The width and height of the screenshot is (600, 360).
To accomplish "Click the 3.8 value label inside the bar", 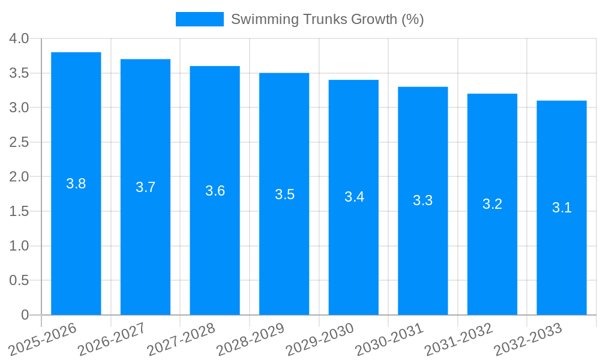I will pos(76,184).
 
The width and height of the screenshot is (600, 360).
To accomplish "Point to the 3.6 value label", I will pos(215,191).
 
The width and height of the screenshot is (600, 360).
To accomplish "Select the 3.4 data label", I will pos(354,197).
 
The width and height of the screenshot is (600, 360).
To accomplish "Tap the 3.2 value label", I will pos(493,204).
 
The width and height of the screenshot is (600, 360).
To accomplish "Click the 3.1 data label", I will pos(562,208).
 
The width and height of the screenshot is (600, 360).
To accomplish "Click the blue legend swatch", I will pos(199,19).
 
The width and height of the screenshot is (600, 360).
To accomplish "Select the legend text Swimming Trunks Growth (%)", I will pos(328,19).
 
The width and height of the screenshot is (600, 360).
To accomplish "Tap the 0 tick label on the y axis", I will pos(25,315).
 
